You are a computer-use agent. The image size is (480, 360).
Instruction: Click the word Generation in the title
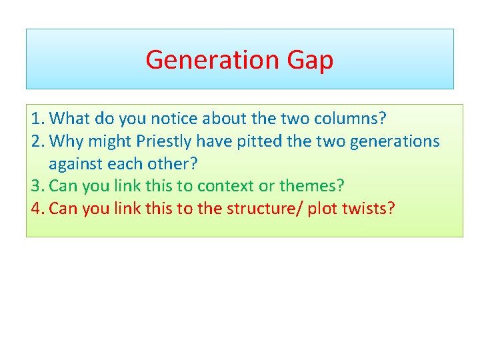213,59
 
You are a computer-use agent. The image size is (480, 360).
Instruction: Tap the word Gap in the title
310,60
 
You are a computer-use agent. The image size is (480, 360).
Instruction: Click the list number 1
37,119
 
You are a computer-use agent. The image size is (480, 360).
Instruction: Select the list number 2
37,141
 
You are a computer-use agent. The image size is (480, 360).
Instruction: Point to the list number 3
37,185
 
